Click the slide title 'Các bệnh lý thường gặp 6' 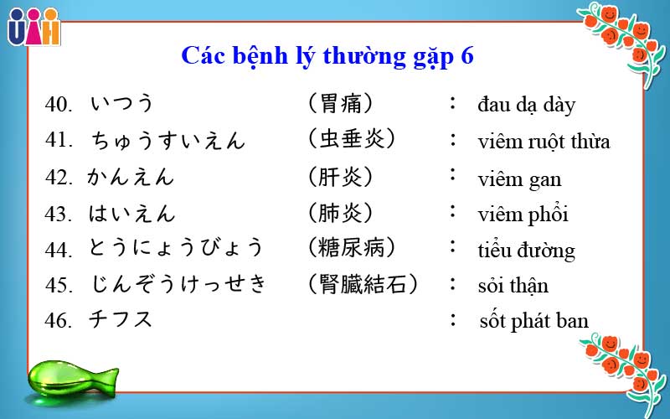[x=327, y=56]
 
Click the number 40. [x=59, y=105]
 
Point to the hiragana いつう [x=122, y=104]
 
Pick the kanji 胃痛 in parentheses [x=340, y=104]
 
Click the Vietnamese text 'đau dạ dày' [x=526, y=106]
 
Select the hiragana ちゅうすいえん [x=167, y=140]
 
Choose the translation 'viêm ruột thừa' [x=544, y=141]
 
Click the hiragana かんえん [x=131, y=177]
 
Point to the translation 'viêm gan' [x=519, y=178]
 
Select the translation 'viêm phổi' [x=523, y=215]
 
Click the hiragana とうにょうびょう [x=177, y=248]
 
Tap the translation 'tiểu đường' [x=526, y=251]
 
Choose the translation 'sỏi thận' [x=513, y=286]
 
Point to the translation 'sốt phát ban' [x=533, y=321]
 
